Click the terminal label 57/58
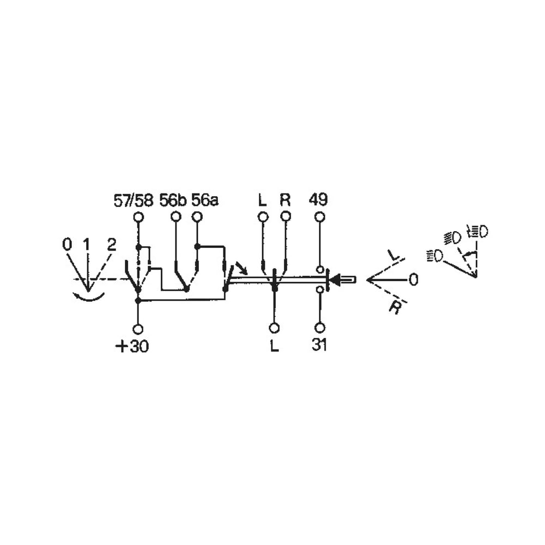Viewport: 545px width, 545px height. coord(134,201)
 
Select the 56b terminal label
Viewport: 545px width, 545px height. coord(173,201)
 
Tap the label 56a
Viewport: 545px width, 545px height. coord(204,201)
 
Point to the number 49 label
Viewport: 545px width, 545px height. coord(318,200)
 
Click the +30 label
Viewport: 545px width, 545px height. coord(132,347)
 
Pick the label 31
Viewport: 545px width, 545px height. coord(319,346)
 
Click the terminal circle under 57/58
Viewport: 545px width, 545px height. coord(138,217)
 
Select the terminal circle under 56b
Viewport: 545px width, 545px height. coord(176,217)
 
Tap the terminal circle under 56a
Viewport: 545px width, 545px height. coord(198,217)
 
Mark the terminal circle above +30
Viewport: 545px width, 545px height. coord(138,329)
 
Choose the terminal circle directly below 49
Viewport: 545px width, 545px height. coord(320,217)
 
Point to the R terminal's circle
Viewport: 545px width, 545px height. coord(286,217)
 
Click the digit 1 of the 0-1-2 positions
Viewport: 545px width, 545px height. coord(87,245)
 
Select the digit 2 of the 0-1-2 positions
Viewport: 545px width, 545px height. coord(111,245)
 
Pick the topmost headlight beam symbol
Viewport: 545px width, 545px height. coord(477,231)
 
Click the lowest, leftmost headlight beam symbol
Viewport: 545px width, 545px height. coord(435,255)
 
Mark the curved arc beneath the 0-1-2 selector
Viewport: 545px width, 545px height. coord(88,296)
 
